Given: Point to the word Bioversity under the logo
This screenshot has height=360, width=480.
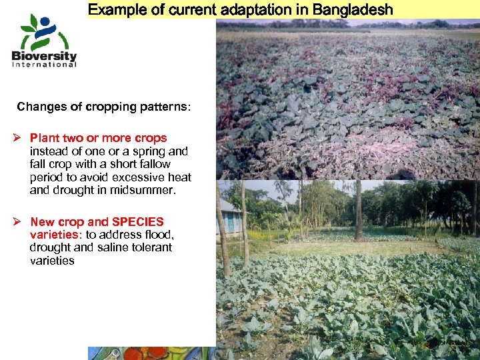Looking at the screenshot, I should (44, 56).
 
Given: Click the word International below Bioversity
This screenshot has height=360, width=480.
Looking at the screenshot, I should (44, 65).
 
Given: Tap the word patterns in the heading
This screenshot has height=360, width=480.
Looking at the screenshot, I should (165, 107).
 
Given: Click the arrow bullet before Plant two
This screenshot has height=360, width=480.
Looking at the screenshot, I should (19, 138).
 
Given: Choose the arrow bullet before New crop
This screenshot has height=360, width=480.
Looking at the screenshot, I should (19, 222).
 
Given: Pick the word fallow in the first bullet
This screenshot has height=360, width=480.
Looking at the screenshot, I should (155, 164).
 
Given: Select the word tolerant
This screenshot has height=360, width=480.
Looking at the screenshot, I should (153, 247).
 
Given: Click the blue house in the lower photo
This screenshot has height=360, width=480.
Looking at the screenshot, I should (230, 217).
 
